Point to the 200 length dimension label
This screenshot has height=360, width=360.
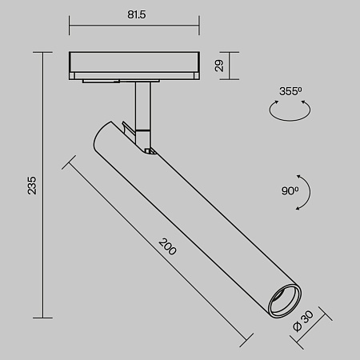(168, 246)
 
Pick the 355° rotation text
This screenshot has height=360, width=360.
(291, 91)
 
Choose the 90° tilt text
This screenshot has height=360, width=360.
(290, 191)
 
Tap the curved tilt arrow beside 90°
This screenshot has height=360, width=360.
(306, 192)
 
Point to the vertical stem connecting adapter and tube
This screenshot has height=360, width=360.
(143, 104)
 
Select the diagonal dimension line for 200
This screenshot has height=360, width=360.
(156, 248)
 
